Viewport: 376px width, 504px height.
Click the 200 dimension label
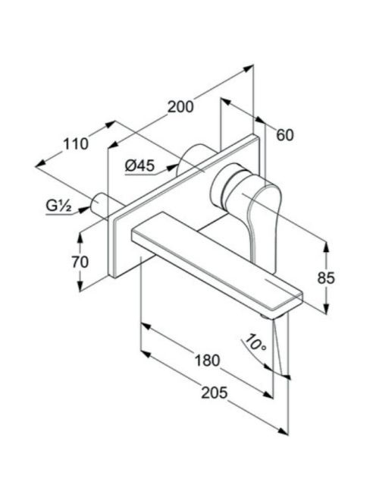click(180, 107)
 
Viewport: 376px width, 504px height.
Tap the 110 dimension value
click(76, 144)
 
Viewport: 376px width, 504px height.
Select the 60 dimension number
click(285, 135)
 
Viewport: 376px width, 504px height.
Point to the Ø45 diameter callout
click(140, 166)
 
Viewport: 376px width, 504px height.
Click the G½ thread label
click(59, 206)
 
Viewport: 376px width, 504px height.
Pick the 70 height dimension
click(80, 262)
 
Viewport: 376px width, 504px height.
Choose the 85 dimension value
click(326, 278)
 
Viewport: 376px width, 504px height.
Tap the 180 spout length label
click(208, 361)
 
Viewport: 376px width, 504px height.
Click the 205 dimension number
click(215, 392)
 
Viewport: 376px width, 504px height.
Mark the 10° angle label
click(255, 344)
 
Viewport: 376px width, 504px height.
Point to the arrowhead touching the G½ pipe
click(84, 209)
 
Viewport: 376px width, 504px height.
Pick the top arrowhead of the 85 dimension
click(326, 247)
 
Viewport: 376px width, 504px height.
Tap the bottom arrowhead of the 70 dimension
click(80, 285)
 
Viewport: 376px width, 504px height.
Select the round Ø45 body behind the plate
click(193, 158)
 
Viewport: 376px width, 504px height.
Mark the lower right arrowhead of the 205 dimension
click(283, 431)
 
